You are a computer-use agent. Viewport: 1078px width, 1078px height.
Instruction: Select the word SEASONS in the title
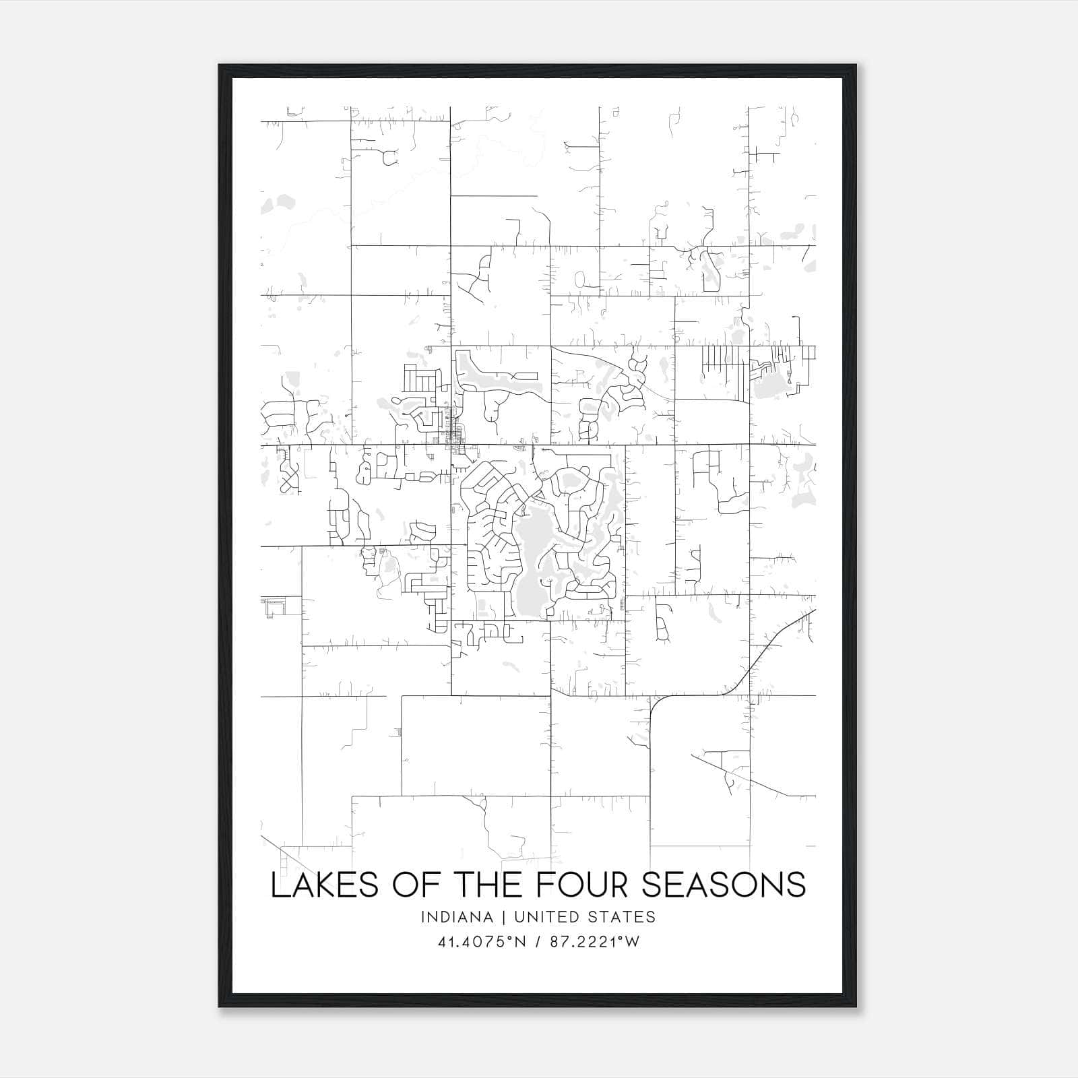(723, 885)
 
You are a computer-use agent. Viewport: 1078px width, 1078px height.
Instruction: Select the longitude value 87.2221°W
(594, 942)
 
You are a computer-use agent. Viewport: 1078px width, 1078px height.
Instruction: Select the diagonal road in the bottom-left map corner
(276, 850)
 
